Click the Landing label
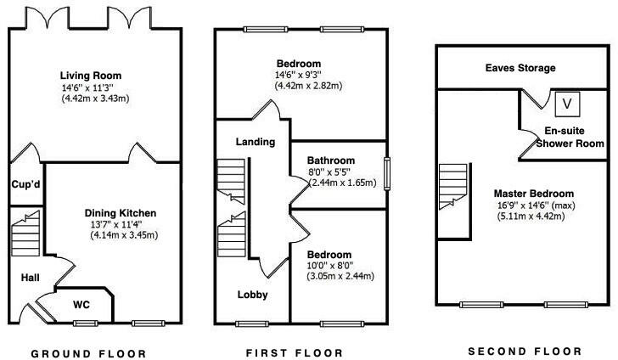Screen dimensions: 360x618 coord(255,142)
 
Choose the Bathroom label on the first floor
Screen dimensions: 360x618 coord(330,160)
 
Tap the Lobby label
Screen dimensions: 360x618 coord(253,295)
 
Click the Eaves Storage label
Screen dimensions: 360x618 coord(520,68)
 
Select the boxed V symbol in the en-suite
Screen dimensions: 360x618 coord(567,104)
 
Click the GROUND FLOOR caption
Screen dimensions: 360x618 coord(88,353)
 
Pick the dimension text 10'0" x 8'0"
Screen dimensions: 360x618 coord(330,265)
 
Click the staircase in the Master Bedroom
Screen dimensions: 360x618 coord(454,200)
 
